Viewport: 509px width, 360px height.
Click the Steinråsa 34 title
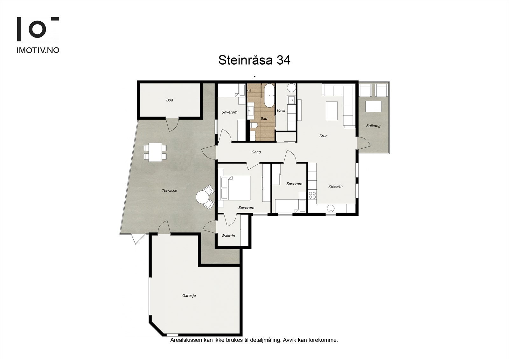[x=254, y=60]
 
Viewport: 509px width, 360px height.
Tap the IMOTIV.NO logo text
[x=38, y=50]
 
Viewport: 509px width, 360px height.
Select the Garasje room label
[x=189, y=296]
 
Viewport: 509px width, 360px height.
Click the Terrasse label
[x=169, y=191]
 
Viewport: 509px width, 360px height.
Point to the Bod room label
[x=170, y=100]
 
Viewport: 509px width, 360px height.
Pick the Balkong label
[x=373, y=126]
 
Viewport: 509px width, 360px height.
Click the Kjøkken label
[x=335, y=186]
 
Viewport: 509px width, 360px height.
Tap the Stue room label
[x=323, y=136]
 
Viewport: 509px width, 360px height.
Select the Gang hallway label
[x=256, y=152]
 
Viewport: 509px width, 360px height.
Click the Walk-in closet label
[x=228, y=236]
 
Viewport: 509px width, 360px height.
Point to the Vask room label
[x=281, y=111]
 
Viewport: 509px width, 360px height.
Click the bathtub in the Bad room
[x=269, y=95]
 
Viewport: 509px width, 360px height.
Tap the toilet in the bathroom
[x=254, y=126]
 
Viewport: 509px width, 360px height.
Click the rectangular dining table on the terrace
[x=155, y=152]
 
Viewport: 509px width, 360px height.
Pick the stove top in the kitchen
[x=312, y=195]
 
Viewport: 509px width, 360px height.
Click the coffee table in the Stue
[x=332, y=110]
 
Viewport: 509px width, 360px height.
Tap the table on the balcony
[x=373, y=106]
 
